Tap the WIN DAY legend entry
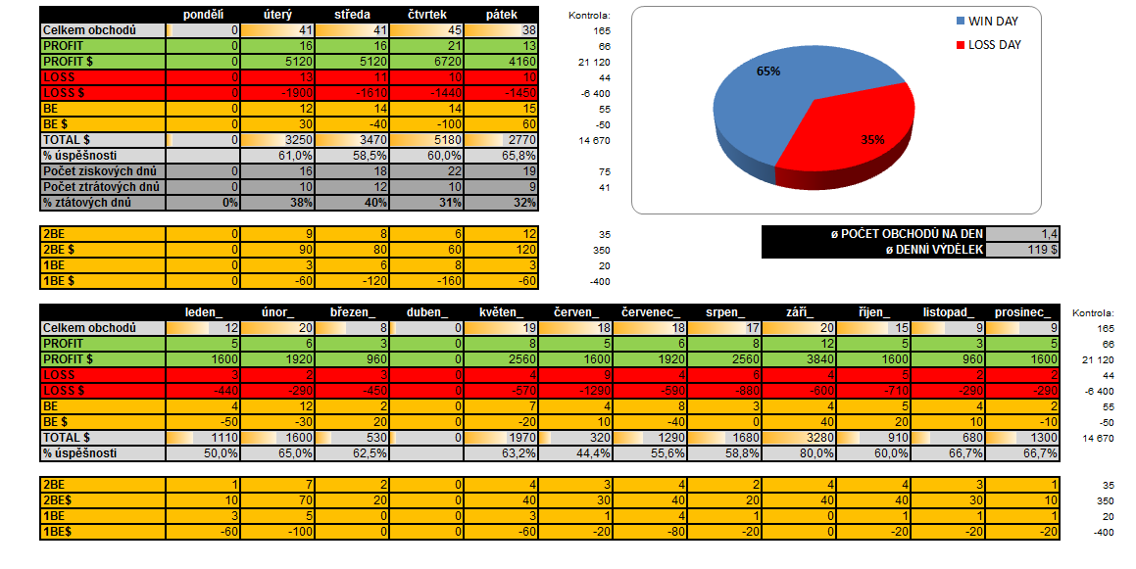pos(994,21)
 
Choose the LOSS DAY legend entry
pos(994,45)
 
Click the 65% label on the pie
pos(768,71)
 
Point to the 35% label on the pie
pos(872,140)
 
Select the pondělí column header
pos(204,14)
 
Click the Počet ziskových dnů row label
pos(102,171)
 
